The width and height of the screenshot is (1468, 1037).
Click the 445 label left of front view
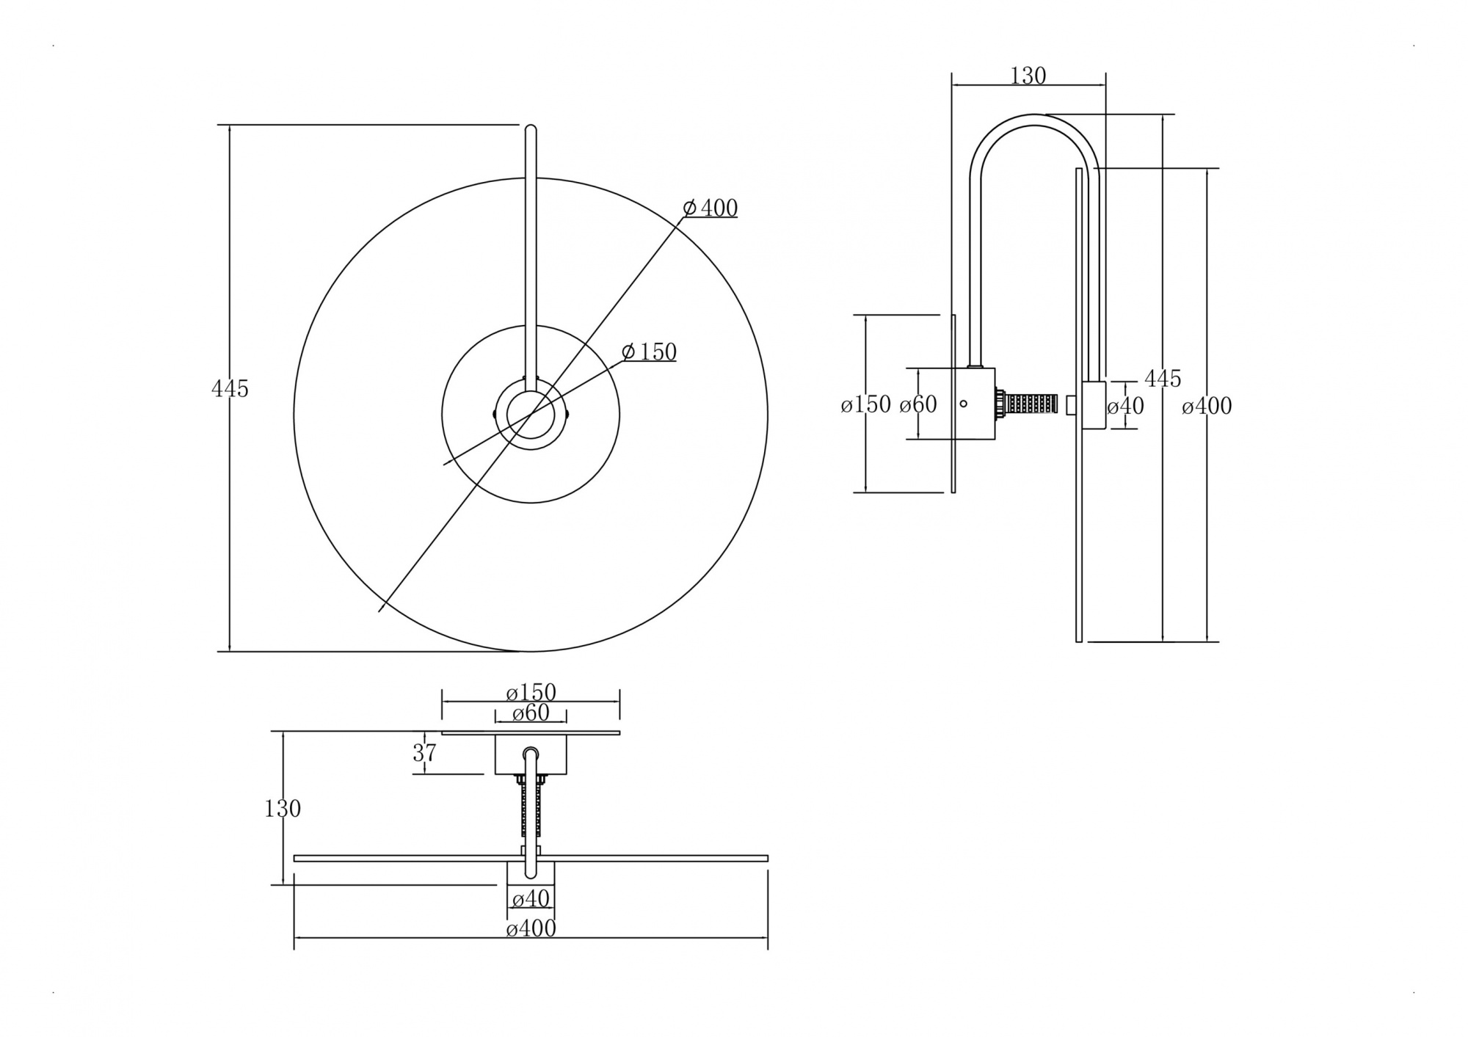point(230,389)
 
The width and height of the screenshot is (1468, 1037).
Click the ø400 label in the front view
point(710,208)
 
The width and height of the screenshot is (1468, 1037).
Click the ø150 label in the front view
point(649,352)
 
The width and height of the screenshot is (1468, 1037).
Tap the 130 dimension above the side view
point(1028,76)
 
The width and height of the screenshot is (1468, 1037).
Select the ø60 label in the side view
point(918,404)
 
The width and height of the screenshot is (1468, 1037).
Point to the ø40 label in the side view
point(1125,406)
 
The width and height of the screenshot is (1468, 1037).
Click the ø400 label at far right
point(1207,406)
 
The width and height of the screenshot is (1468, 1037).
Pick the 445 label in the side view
point(1163,379)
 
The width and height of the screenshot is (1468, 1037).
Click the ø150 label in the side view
point(866,404)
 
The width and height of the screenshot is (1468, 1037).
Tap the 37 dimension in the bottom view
point(425,753)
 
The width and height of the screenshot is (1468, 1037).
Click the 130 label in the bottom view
point(283,809)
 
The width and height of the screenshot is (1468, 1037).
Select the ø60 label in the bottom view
point(531,713)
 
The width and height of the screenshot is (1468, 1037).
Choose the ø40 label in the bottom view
point(531,898)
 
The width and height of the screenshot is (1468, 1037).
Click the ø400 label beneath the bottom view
point(531,929)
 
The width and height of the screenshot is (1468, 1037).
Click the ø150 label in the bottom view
point(531,692)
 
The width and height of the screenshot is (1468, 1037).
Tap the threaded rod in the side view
point(1030,404)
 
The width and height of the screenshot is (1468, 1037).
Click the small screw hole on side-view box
point(964,403)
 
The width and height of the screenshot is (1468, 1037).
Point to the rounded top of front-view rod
point(531,131)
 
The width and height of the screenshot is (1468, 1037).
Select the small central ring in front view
point(531,416)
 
